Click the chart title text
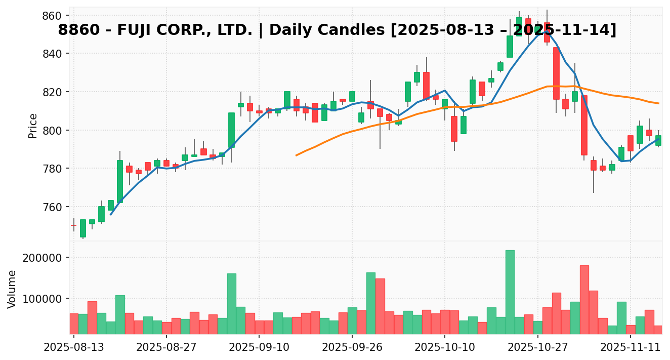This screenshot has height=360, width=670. (x=337, y=30)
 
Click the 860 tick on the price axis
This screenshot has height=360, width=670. (x=52, y=15)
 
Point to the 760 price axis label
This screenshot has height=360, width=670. (x=52, y=207)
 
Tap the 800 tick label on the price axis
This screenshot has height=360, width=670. (x=52, y=130)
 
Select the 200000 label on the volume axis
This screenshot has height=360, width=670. (x=42, y=258)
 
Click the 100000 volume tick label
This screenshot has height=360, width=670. (x=42, y=298)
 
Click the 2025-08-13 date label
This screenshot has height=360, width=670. (x=74, y=348)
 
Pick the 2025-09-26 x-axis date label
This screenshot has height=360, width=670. (x=352, y=348)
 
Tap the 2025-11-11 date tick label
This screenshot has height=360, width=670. (x=631, y=348)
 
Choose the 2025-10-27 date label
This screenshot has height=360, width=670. (x=537, y=348)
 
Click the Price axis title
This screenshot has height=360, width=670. (x=33, y=126)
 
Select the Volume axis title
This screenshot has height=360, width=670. (x=12, y=289)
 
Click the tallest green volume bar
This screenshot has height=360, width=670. (x=510, y=292)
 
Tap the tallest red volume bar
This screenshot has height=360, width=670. (x=584, y=299)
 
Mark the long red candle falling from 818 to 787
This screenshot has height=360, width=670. (x=584, y=125)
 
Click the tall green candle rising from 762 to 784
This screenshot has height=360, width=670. (x=120, y=181)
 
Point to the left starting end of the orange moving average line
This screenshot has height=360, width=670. (x=297, y=155)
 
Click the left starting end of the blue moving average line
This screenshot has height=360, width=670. (x=111, y=214)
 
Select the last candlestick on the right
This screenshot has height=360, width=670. (x=658, y=140)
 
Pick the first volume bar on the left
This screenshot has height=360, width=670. (x=74, y=324)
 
